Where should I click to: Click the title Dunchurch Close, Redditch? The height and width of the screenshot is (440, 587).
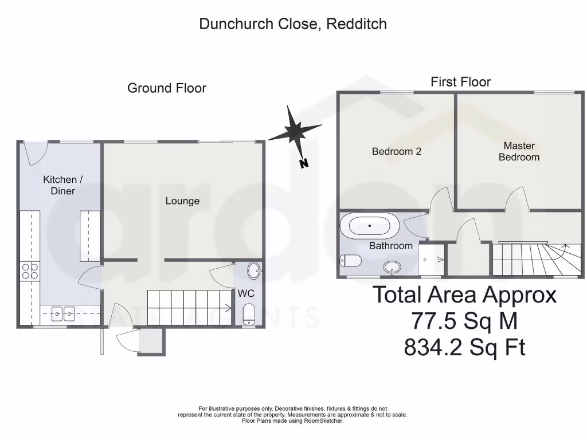(293, 24)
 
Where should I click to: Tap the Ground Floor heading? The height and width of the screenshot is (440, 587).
(166, 88)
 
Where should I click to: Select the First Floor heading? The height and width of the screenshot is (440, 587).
(460, 82)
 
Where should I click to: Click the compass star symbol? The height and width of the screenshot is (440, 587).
(295, 131)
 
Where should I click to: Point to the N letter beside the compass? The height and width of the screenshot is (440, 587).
(304, 164)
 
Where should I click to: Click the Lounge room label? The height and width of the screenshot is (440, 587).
(182, 201)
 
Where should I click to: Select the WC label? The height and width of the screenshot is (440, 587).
(246, 293)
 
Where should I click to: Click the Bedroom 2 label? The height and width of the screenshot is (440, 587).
(397, 152)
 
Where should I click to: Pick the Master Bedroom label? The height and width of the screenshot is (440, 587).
(519, 151)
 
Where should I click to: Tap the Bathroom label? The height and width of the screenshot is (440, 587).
(390, 246)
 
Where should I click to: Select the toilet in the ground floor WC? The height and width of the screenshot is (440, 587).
(249, 315)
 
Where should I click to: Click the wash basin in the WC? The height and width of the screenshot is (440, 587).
(255, 270)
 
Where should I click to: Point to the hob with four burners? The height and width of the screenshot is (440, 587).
(30, 271)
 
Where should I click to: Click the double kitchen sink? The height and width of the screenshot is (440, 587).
(62, 313)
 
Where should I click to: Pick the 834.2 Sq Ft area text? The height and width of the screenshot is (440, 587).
(464, 347)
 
